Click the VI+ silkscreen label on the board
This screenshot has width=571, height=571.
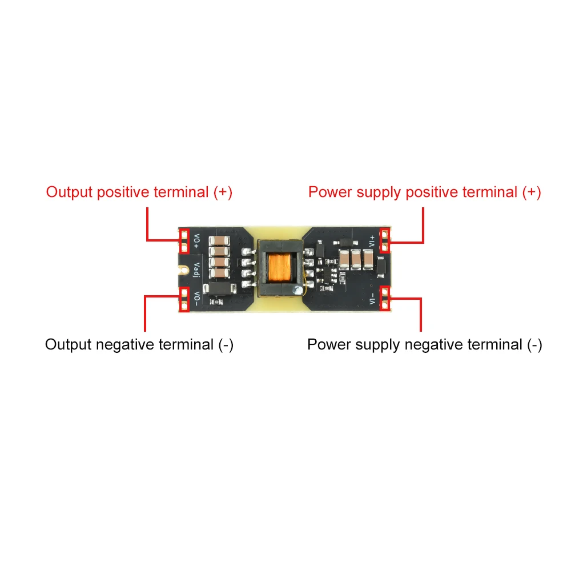click(x=372, y=240)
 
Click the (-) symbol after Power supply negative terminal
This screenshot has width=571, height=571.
click(x=534, y=345)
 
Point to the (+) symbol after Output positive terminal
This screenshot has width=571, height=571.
click(x=223, y=192)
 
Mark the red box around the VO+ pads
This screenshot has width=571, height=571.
click(x=184, y=240)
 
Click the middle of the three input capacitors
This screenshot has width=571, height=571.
click(x=356, y=260)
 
